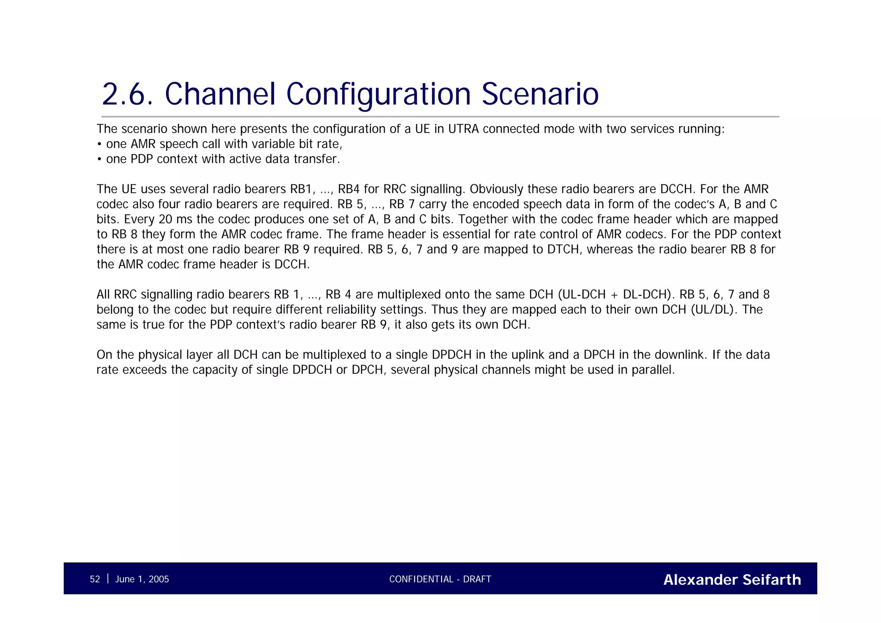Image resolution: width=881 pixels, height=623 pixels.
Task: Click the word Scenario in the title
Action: pyautogui.click(x=540, y=94)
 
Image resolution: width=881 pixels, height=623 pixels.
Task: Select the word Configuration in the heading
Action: pyautogui.click(x=379, y=94)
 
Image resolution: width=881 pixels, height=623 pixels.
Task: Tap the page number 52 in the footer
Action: pyautogui.click(x=95, y=579)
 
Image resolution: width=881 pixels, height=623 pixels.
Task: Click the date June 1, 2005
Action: pyautogui.click(x=142, y=579)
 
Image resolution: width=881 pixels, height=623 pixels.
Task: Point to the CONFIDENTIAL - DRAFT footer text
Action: pyautogui.click(x=440, y=579)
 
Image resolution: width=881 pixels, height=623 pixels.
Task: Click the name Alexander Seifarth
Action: pyautogui.click(x=732, y=580)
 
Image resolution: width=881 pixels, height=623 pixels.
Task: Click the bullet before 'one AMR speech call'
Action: pyautogui.click(x=99, y=144)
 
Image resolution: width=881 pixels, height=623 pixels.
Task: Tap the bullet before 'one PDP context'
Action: pyautogui.click(x=99, y=159)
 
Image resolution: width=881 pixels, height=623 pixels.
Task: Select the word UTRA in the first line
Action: pyautogui.click(x=463, y=129)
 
